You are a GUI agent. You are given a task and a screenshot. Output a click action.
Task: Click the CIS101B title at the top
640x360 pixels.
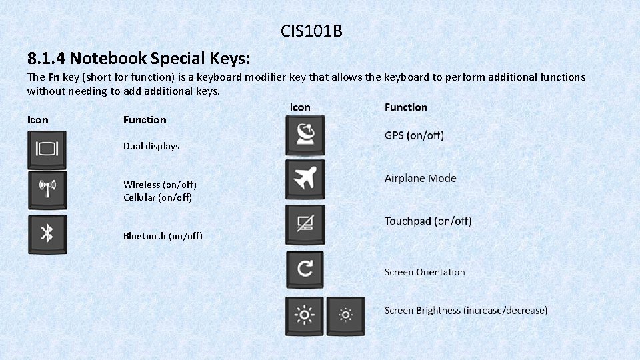click(x=311, y=31)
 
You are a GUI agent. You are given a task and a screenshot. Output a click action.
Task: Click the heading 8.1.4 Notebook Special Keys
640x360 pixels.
click(x=139, y=58)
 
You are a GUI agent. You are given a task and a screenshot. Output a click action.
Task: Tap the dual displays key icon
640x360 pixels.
click(x=47, y=149)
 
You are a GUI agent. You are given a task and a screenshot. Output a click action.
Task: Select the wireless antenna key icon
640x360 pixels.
click(x=47, y=190)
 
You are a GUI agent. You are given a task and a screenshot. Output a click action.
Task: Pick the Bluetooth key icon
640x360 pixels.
click(x=47, y=233)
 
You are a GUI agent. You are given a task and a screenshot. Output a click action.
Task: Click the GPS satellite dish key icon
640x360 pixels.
click(x=305, y=135)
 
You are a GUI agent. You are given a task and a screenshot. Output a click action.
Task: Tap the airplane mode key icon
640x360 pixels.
click(x=305, y=179)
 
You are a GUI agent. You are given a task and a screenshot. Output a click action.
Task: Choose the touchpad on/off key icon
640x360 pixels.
click(x=305, y=225)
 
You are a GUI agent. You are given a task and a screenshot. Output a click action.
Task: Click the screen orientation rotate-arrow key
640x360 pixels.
click(x=305, y=269)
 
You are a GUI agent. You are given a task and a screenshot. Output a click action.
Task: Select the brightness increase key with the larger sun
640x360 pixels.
click(x=305, y=315)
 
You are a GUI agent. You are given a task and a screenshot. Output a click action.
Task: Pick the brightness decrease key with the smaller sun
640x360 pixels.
click(x=345, y=315)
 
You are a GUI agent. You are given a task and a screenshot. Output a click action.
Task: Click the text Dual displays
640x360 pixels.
click(x=151, y=146)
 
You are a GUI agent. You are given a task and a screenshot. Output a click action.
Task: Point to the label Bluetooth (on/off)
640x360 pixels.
click(x=163, y=236)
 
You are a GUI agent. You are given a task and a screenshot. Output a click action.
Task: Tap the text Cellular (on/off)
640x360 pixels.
click(x=157, y=197)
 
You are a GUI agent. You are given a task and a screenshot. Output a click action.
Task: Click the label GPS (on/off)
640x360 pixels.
click(x=414, y=135)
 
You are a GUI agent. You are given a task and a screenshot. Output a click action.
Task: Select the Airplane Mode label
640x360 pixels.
click(x=420, y=178)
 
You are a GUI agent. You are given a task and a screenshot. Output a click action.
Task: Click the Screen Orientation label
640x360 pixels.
click(x=425, y=272)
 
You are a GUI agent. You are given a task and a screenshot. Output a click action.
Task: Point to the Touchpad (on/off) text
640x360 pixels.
click(x=428, y=221)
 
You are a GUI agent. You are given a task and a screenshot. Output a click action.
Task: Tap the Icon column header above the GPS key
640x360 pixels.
click(x=300, y=107)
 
